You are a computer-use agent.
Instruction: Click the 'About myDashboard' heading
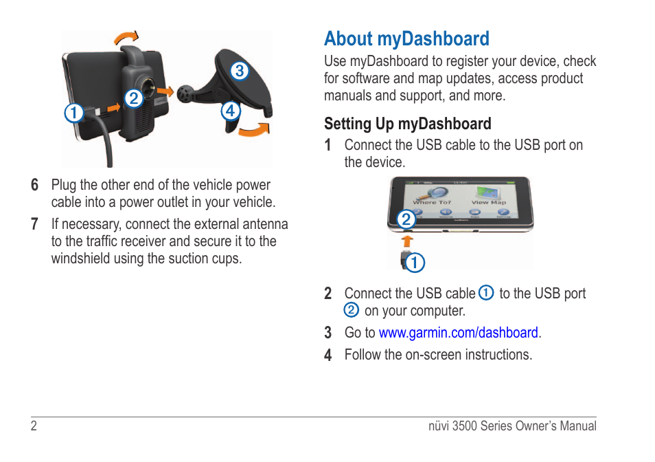click(406, 39)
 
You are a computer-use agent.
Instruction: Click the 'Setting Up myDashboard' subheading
click(407, 124)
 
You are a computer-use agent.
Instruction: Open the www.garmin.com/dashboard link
click(458, 333)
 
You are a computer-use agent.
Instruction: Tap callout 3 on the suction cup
click(240, 71)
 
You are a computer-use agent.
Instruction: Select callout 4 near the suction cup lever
click(231, 111)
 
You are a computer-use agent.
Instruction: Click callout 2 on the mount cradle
click(134, 99)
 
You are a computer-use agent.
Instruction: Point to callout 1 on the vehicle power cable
click(74, 113)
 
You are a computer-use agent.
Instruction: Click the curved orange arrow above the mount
click(126, 38)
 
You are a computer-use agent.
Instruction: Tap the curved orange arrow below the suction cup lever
click(255, 130)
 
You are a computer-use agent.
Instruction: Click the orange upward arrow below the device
click(407, 241)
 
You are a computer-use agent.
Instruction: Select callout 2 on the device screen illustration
click(406, 219)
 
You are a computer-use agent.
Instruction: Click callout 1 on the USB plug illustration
click(415, 263)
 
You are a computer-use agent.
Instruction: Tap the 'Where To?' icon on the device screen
click(433, 196)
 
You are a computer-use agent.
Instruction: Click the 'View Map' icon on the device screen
click(489, 196)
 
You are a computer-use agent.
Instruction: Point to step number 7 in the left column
click(34, 224)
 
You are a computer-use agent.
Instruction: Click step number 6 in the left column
click(34, 185)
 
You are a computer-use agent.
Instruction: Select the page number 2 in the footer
click(34, 426)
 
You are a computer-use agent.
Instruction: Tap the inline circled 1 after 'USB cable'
click(486, 293)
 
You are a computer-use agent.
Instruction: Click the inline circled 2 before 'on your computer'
click(352, 310)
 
